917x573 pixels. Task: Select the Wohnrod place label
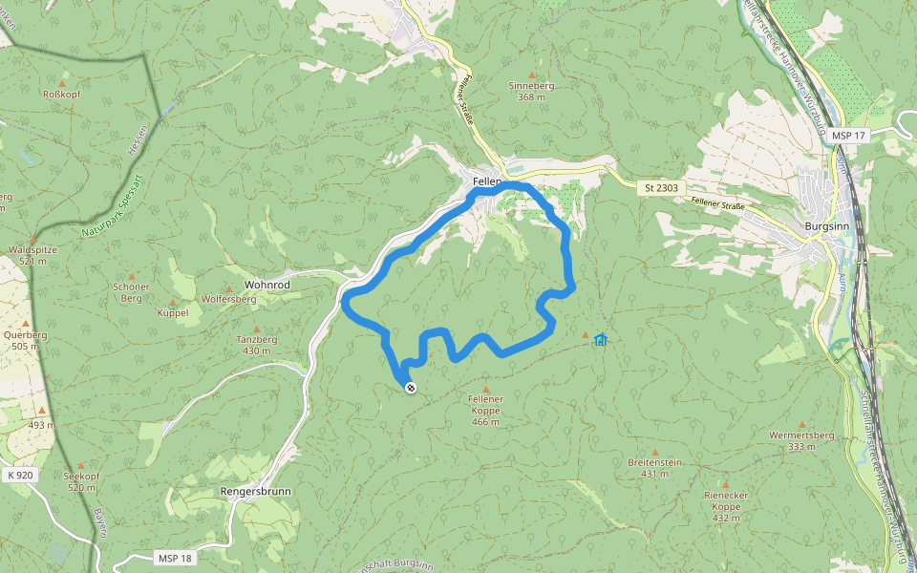[267, 285]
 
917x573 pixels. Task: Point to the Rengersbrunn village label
[255, 492]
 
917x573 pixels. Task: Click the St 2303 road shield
[661, 188]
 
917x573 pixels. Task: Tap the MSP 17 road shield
[847, 136]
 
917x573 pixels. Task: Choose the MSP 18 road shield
[173, 557]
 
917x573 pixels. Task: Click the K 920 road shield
[19, 474]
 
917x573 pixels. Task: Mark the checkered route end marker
[411, 388]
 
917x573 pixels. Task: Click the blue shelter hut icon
[600, 339]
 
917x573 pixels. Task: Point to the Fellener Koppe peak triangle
[485, 391]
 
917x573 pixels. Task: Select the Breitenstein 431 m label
[654, 467]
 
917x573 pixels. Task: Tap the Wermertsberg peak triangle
[801, 424]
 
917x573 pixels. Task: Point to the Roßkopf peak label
[64, 94]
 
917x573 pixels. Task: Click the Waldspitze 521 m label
[33, 254]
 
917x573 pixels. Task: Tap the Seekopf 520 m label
[81, 481]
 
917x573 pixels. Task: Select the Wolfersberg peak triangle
[229, 287]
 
